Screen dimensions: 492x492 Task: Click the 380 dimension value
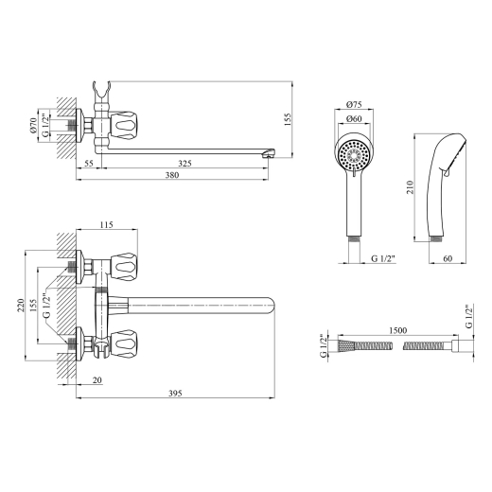pyautogui.click(x=172, y=175)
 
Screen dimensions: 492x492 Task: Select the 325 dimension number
pyautogui.click(x=184, y=164)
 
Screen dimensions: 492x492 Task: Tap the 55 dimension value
pyautogui.click(x=89, y=164)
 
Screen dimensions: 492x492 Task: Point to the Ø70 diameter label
pyautogui.click(x=34, y=125)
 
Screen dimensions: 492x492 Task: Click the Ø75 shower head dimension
pyautogui.click(x=354, y=104)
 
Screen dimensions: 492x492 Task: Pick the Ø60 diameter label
pyautogui.click(x=354, y=119)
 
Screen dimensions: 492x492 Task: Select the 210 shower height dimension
pyautogui.click(x=410, y=187)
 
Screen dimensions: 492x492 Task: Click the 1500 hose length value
pyautogui.click(x=398, y=330)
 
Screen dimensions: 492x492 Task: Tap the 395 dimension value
pyautogui.click(x=175, y=394)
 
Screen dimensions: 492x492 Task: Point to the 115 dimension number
pyautogui.click(x=106, y=225)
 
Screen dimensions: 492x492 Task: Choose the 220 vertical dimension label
pyautogui.click(x=21, y=306)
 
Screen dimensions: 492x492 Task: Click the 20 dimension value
pyautogui.click(x=97, y=380)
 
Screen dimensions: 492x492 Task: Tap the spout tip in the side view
pyautogui.click(x=269, y=153)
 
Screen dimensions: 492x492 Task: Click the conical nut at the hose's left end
pyautogui.click(x=346, y=346)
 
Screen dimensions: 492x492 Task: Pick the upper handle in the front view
pyautogui.click(x=125, y=267)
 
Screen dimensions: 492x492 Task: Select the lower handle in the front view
pyautogui.click(x=125, y=344)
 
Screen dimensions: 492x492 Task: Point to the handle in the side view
pyautogui.click(x=126, y=125)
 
